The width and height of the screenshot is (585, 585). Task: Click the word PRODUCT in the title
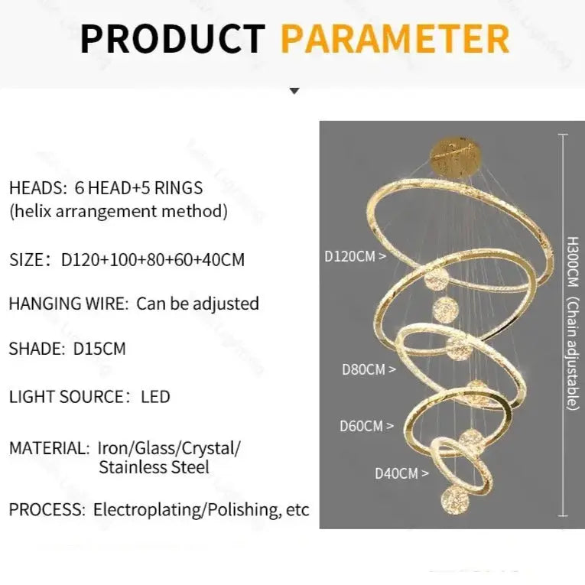173,39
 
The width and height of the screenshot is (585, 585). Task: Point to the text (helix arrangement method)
119,211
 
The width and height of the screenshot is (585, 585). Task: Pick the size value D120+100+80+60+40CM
153,259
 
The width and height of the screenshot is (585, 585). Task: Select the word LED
155,396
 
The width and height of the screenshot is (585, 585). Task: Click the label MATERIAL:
50,447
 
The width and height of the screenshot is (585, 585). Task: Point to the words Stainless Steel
154,466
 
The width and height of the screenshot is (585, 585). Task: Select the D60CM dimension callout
366,426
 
